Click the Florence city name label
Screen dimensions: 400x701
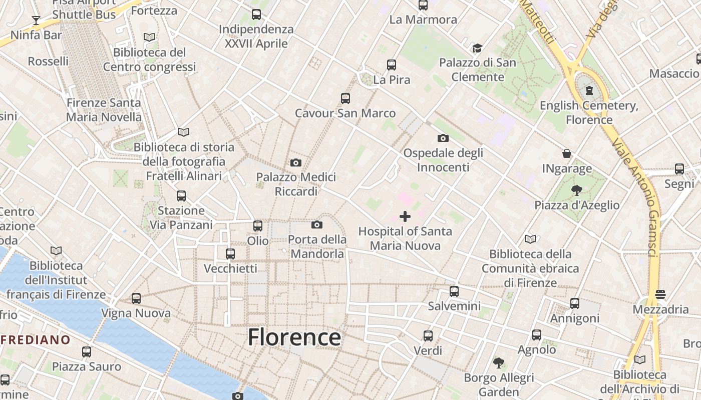294,337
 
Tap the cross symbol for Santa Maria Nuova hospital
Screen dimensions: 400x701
405,216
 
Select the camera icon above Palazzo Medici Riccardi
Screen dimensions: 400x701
296,162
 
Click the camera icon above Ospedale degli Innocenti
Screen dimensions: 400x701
443,138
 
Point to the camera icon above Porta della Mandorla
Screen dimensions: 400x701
317,224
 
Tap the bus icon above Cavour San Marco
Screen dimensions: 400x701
345,98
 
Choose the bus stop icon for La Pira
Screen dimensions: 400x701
392,64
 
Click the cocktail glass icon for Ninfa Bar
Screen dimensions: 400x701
36,20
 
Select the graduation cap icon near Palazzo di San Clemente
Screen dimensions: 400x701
477,48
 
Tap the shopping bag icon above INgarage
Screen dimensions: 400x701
567,153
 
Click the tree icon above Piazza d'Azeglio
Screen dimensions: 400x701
577,189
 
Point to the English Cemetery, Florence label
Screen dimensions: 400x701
589,112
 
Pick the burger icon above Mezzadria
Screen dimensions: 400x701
660,294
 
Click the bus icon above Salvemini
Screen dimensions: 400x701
454,291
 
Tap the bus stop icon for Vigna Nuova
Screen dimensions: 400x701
136,298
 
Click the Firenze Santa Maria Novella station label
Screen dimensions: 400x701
104,110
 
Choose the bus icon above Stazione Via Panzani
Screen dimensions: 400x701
181,195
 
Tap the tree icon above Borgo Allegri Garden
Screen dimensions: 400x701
498,362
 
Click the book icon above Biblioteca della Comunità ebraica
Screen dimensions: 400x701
530,239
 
